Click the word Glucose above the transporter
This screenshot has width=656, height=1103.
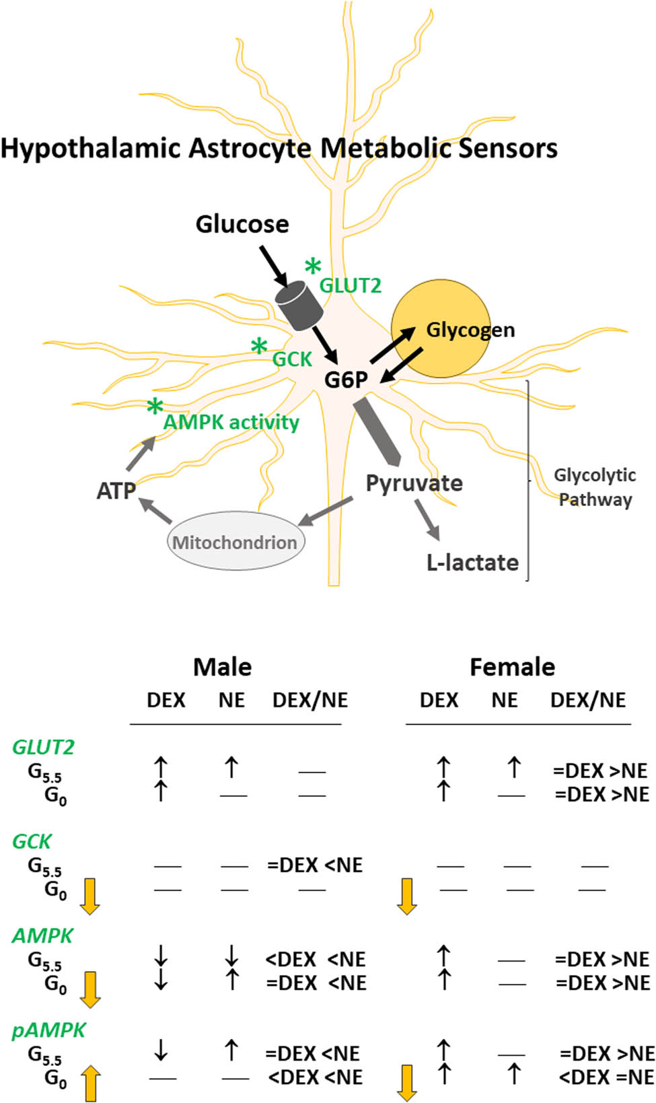[x=242, y=224]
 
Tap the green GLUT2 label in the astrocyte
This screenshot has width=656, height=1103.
[x=350, y=285]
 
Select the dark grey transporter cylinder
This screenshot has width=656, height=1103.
[x=300, y=306]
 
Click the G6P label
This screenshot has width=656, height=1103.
[x=346, y=380]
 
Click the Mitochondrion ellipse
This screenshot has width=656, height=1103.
[x=235, y=542]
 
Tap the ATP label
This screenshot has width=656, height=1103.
[x=116, y=491]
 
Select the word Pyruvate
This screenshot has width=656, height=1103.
[x=414, y=483]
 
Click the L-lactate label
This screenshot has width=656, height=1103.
[x=472, y=562]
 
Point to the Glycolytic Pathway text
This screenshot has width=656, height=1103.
[x=595, y=487]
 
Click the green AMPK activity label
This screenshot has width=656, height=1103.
[x=231, y=422]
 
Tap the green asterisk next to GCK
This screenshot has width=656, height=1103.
[x=259, y=347]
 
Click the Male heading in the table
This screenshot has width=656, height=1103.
[x=222, y=667]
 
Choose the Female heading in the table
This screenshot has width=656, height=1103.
[x=512, y=667]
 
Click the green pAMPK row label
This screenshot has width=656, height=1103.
[x=49, y=1030]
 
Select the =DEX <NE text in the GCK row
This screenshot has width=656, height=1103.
[x=315, y=865]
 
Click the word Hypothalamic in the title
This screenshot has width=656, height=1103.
[x=91, y=148]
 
